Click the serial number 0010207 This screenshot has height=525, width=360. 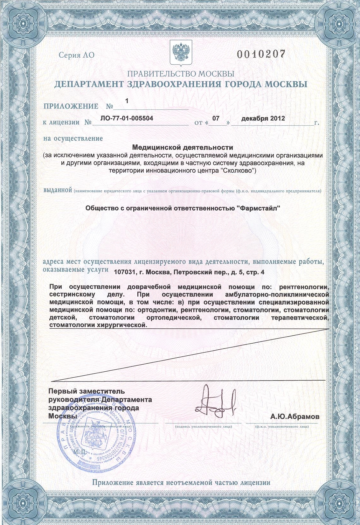coord(260,54)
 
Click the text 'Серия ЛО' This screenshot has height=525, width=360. coord(76,55)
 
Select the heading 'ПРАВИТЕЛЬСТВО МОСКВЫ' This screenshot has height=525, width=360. coord(180,74)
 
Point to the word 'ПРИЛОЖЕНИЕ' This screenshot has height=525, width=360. coord(71,106)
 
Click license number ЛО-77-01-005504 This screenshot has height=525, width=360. coord(127,118)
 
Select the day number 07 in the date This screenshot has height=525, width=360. coord(216,118)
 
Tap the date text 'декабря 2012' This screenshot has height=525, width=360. coord(263,118)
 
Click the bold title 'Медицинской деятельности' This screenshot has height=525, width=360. coord(182,148)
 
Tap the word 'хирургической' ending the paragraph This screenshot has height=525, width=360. coord(122,325)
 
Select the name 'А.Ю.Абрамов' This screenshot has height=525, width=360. coord(295,416)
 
